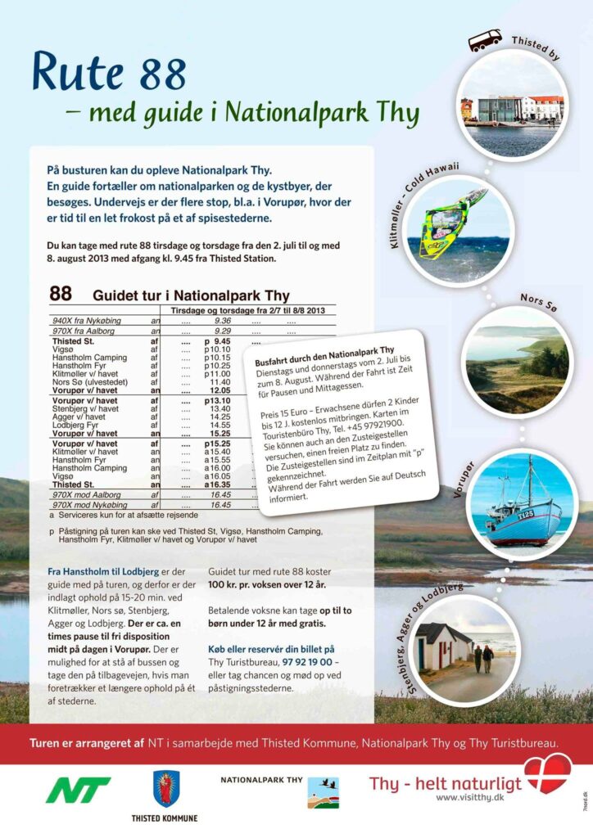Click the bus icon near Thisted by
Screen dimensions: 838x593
[x=485, y=40]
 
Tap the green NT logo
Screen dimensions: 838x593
[x=79, y=790]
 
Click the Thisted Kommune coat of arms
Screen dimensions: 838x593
[x=166, y=788]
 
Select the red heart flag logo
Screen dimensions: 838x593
[x=547, y=774]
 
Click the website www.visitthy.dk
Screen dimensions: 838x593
[x=469, y=797]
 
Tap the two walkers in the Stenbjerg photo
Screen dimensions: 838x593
[x=483, y=658]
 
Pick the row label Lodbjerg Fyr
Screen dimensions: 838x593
[x=76, y=425]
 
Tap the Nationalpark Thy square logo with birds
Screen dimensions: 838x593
[x=323, y=792]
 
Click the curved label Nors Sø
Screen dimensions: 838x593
[x=537, y=300]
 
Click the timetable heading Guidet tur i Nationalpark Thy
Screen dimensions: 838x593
[x=191, y=295]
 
